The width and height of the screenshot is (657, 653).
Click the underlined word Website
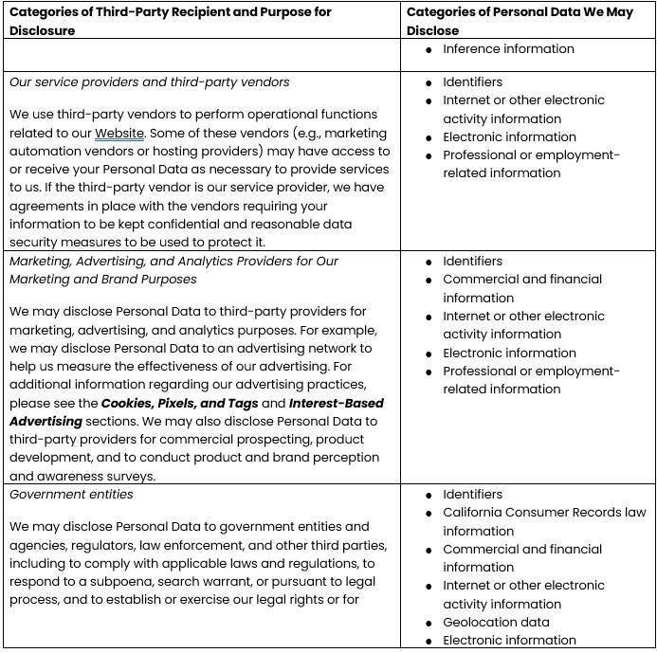click(119, 133)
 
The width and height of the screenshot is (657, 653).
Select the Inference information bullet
click(508, 48)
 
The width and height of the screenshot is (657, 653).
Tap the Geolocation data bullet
click(496, 622)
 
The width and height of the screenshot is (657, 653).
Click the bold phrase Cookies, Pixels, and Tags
click(180, 403)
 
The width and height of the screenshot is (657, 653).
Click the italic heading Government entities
click(71, 494)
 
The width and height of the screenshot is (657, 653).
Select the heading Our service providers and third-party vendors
click(150, 82)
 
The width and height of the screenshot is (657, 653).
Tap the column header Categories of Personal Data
click(520, 12)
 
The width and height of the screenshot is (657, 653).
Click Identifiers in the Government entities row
click(472, 494)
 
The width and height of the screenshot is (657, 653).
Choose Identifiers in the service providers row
click(472, 82)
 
